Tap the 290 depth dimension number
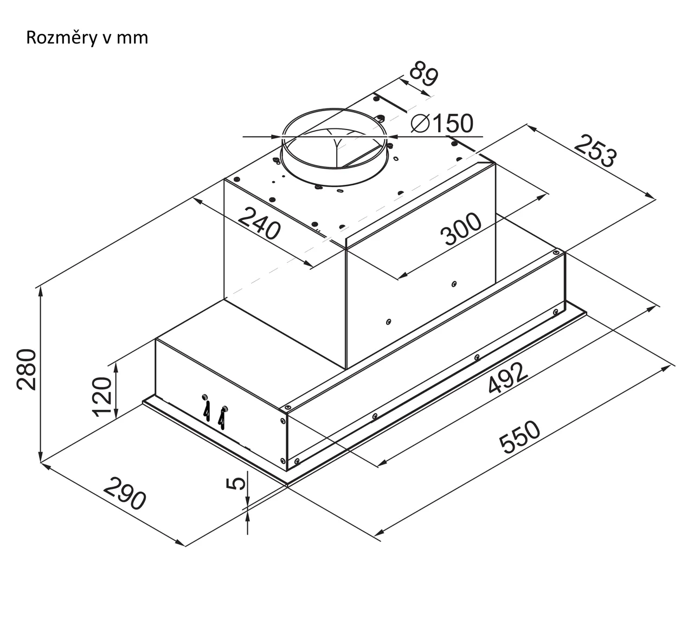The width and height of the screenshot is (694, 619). click(x=125, y=493)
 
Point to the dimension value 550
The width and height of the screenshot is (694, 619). click(x=520, y=437)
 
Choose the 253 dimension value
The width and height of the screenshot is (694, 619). click(x=595, y=151)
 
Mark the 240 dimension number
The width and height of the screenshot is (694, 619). click(x=260, y=223)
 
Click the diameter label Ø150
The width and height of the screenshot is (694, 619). click(x=441, y=124)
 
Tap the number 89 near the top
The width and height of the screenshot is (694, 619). click(x=422, y=75)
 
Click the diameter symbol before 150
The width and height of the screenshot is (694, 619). click(x=420, y=124)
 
